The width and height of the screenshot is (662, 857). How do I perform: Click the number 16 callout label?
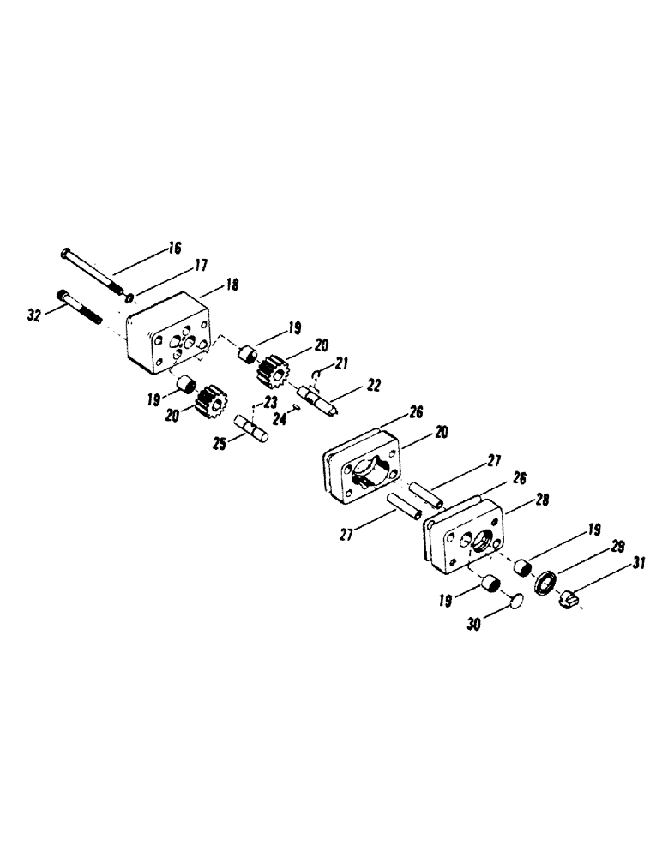[x=174, y=249]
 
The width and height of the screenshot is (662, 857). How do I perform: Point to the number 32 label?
[x=34, y=315]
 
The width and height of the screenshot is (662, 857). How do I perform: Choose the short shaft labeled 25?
[x=251, y=428]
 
